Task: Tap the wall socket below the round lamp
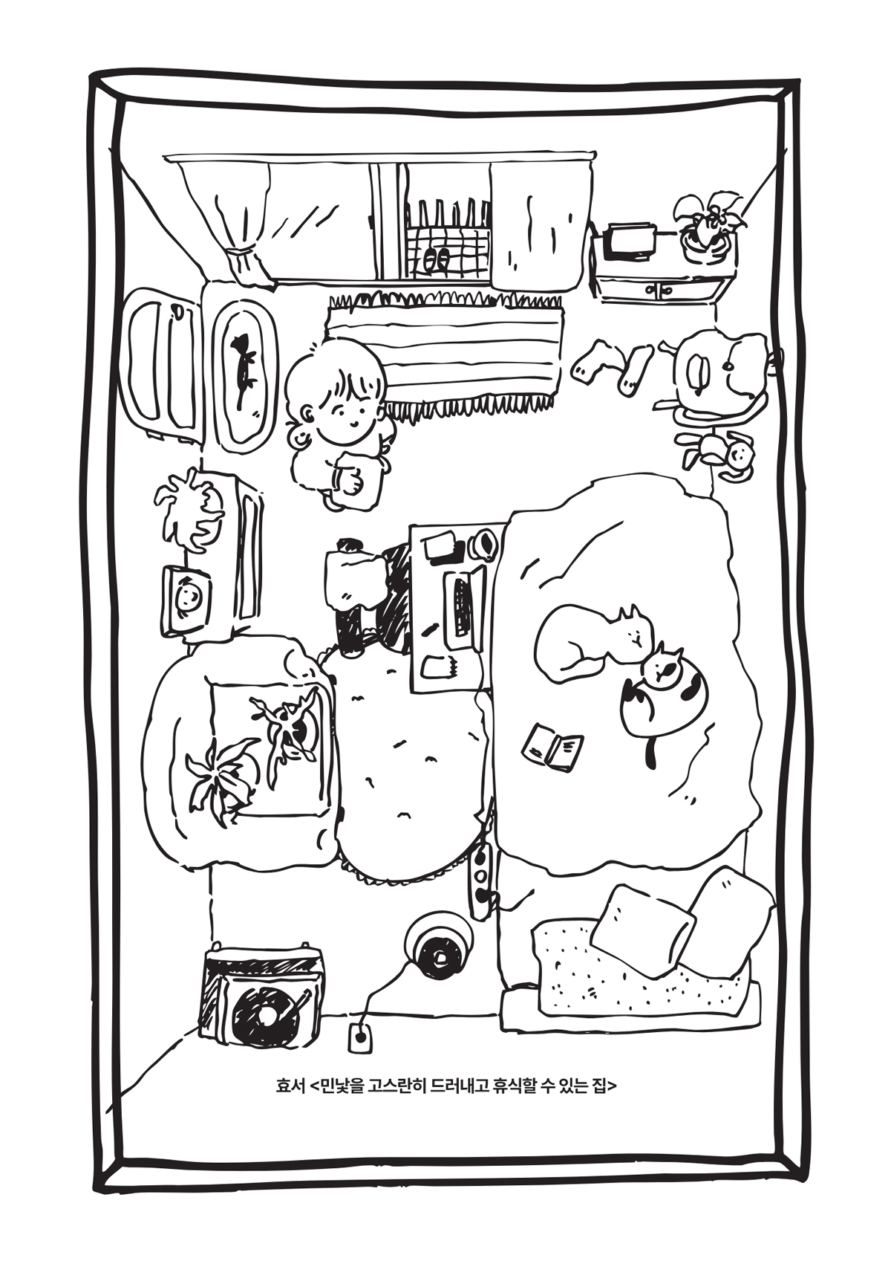click(360, 1037)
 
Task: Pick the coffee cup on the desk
click(483, 545)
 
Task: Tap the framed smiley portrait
click(186, 600)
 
